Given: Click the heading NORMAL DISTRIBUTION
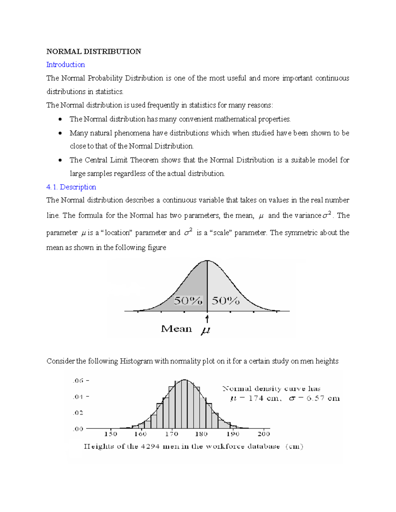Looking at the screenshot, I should click(94, 51).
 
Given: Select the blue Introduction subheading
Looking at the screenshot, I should click(65, 65).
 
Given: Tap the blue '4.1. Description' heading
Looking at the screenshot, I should click(71, 187).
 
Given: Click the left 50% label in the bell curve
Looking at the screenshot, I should click(188, 300).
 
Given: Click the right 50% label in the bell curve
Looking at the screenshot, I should click(226, 300).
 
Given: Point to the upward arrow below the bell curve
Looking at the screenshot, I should click(207, 319).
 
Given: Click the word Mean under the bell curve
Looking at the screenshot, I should click(176, 329).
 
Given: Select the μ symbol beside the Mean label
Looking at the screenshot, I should click(206, 330).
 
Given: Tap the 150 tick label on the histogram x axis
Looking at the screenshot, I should click(111, 434).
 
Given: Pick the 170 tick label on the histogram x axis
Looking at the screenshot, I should click(171, 434).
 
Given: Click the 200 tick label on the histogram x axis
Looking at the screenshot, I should click(264, 434).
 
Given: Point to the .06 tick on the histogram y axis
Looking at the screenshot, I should click(78, 380).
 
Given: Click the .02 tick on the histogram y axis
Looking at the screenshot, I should click(78, 413).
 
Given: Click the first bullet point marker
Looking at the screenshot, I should click(60, 119).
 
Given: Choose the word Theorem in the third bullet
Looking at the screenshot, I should click(144, 160).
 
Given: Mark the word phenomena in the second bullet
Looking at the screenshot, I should click(132, 133).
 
